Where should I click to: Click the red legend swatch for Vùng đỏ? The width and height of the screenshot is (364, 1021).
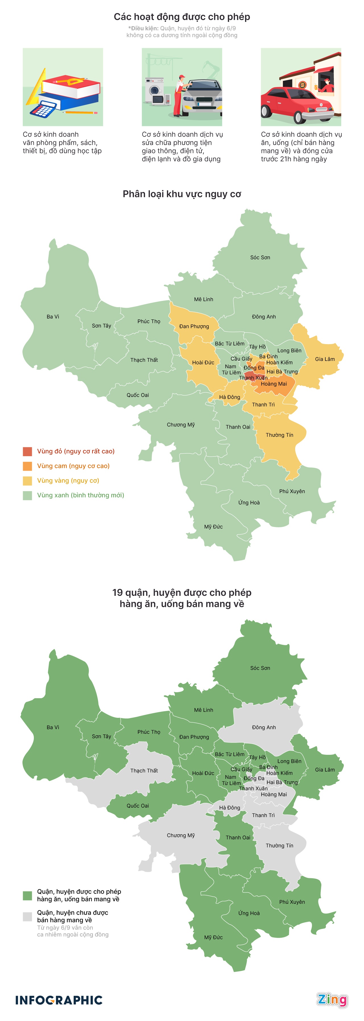(27, 451)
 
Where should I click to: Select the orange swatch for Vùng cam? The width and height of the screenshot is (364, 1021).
(27, 466)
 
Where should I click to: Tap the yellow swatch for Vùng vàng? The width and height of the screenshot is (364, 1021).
(27, 481)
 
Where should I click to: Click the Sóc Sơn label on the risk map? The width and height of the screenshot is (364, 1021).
(260, 258)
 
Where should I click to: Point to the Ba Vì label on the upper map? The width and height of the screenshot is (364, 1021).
(53, 317)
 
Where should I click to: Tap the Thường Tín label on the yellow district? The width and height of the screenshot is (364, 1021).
(280, 435)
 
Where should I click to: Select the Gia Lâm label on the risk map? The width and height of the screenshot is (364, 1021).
(325, 359)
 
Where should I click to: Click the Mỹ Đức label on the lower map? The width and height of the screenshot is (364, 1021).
(213, 937)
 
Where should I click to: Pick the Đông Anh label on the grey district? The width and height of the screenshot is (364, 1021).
(264, 727)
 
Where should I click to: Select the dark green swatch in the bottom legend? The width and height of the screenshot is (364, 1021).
(27, 895)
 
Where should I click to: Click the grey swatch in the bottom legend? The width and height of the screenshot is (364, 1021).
(27, 916)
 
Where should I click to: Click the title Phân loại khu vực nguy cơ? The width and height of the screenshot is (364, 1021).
(182, 194)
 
